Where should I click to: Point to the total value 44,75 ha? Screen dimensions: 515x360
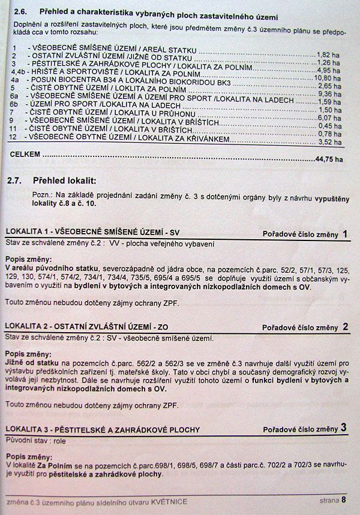coord(329,160)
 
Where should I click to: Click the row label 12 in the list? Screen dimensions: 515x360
coord(13,137)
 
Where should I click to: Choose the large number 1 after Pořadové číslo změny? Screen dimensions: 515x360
coord(344,234)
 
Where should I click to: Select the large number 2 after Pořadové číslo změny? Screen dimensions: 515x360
coord(345,327)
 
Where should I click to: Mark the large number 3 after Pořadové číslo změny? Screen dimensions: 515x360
coord(344,427)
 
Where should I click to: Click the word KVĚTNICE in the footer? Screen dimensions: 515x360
coord(169,501)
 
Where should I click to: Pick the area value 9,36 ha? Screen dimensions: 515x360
coord(329,94)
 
